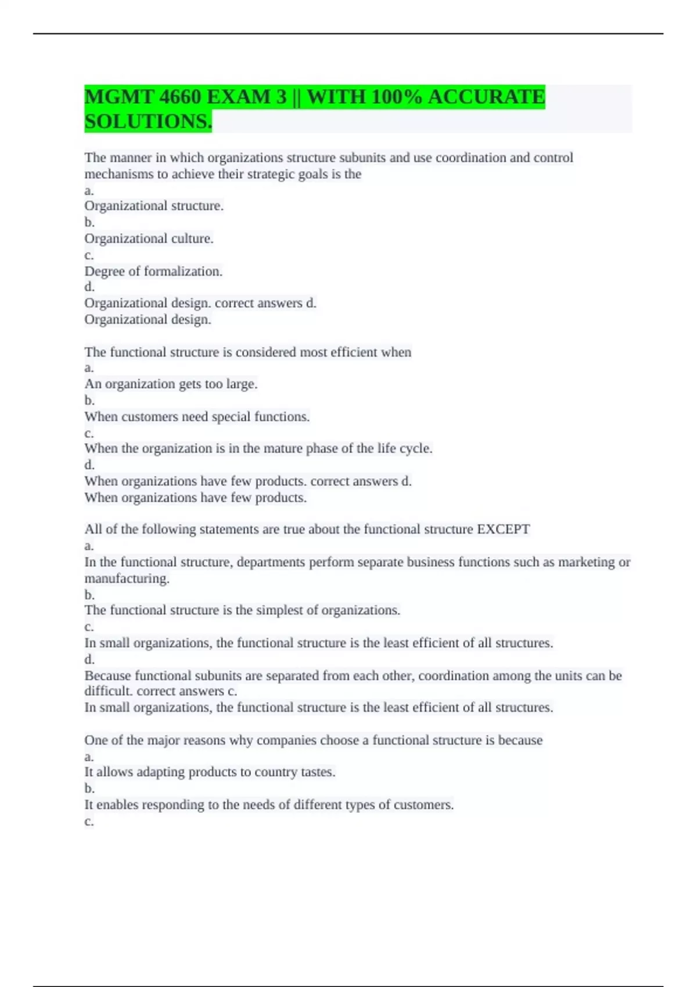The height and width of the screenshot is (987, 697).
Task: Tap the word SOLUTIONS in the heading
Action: (147, 122)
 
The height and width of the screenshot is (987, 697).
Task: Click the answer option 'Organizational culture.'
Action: (149, 239)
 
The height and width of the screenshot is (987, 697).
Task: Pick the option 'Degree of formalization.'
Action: (153, 271)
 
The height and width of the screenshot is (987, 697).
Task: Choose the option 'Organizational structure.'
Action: (154, 206)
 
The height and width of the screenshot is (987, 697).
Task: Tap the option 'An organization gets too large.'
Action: (171, 384)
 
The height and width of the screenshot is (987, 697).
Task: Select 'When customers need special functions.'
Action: (197, 417)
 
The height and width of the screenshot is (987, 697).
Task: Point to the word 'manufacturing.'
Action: (127, 579)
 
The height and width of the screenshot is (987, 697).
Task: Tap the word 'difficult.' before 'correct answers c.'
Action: (109, 691)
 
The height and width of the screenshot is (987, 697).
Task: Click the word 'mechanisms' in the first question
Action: (118, 174)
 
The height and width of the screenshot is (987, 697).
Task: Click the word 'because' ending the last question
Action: (520, 740)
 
